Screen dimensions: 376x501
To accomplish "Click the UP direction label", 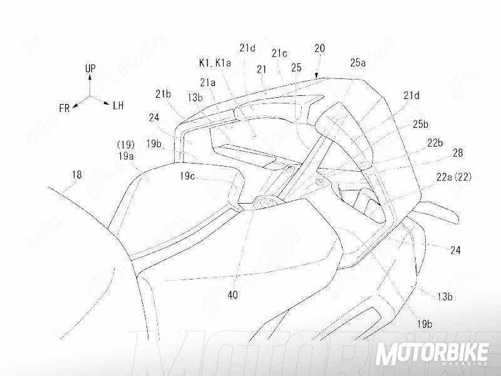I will [91, 66].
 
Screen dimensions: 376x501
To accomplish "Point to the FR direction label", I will [65, 108].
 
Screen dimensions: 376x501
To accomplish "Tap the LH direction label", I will [118, 105].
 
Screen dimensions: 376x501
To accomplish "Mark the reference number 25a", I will [358, 62].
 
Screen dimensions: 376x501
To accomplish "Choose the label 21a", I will [208, 82].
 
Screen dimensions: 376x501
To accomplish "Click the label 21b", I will [163, 94].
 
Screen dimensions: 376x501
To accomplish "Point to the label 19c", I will [188, 177].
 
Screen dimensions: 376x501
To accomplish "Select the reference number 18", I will [76, 175].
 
